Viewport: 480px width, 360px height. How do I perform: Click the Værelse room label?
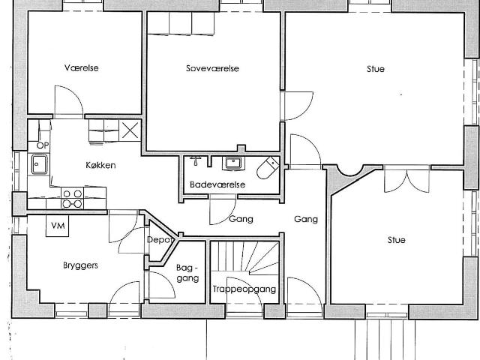(x=82, y=67)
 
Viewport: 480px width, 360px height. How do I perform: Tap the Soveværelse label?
(x=212, y=68)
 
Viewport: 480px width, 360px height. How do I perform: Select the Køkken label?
(x=100, y=165)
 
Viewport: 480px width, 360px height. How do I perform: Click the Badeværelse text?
(x=217, y=184)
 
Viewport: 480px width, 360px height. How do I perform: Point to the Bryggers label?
(x=80, y=265)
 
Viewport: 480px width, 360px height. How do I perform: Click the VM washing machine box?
(x=57, y=226)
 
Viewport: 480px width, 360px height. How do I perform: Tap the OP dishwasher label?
(x=43, y=145)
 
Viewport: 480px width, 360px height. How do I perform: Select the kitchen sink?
(x=40, y=164)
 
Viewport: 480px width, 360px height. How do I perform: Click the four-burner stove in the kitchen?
(x=73, y=198)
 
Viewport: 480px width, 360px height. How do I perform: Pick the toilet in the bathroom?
(x=268, y=167)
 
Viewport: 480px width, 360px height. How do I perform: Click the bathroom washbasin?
(x=233, y=163)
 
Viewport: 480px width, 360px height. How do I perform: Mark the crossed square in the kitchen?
(x=130, y=130)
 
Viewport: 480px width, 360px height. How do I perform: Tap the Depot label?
(x=159, y=240)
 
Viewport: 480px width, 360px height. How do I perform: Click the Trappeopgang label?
(x=244, y=289)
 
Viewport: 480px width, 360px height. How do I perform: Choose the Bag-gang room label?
(x=187, y=273)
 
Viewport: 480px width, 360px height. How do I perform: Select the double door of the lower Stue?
(x=406, y=181)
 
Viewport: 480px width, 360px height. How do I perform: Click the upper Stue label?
(x=376, y=69)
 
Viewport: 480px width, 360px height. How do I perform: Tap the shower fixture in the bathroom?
(x=195, y=160)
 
